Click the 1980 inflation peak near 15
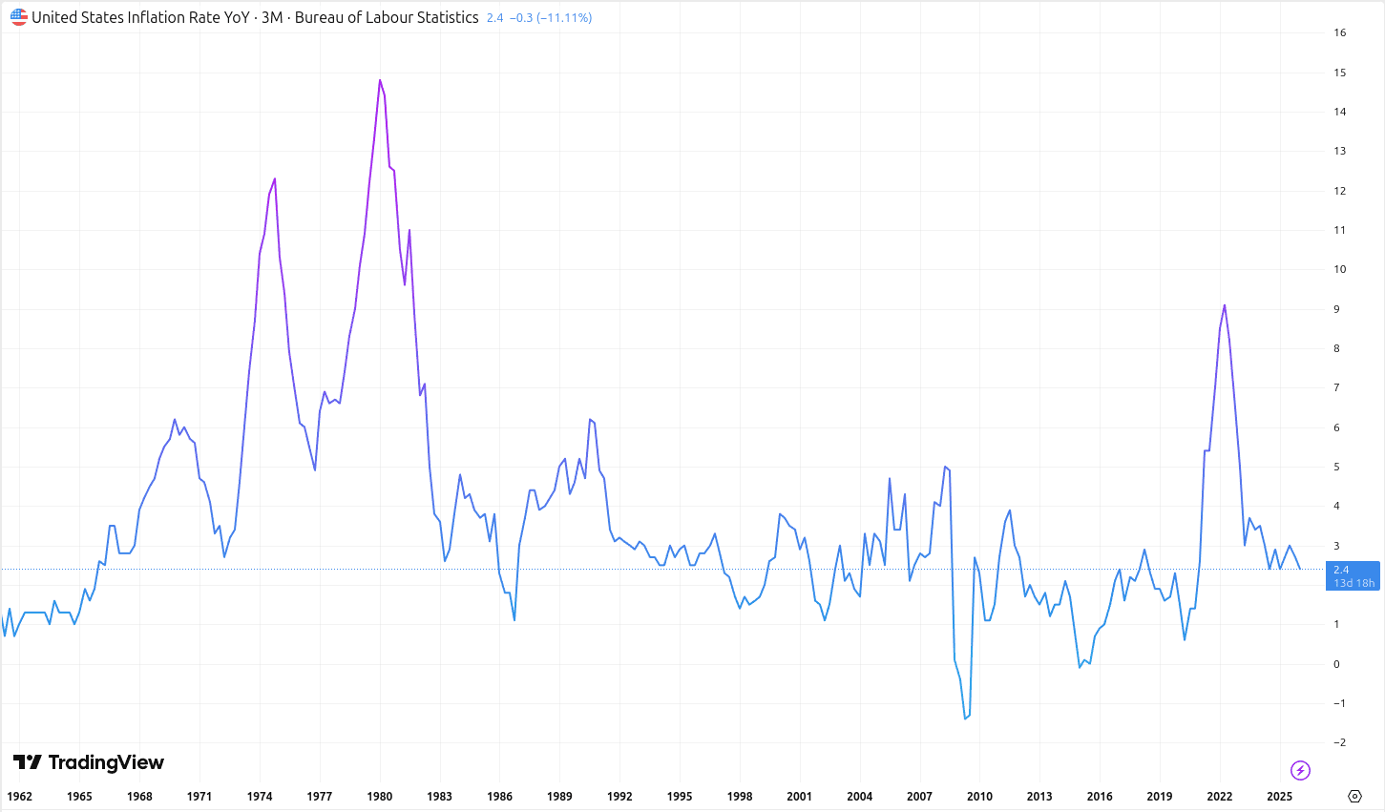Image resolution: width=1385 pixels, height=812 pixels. click(380, 80)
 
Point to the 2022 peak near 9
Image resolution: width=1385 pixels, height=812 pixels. click(1225, 305)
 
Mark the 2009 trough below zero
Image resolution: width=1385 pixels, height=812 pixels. click(965, 718)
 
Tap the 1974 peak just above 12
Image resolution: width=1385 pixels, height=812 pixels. click(275, 178)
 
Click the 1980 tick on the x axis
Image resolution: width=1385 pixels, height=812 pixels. click(380, 796)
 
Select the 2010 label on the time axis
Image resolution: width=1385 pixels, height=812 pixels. click(979, 796)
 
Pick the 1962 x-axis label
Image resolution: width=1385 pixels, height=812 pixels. click(19, 796)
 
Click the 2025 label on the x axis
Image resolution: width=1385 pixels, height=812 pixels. click(1279, 796)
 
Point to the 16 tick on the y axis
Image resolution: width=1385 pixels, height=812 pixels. click(1340, 32)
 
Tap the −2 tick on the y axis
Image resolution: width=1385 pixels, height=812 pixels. click(1339, 742)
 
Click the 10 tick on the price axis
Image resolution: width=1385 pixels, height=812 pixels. click(1340, 269)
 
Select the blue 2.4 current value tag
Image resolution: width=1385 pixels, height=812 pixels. click(1352, 575)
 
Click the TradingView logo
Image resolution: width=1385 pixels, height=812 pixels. click(89, 762)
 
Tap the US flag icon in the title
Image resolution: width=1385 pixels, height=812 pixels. click(19, 17)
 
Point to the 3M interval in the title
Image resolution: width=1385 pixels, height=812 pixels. click(272, 17)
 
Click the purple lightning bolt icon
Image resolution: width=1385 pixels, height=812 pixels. click(1300, 770)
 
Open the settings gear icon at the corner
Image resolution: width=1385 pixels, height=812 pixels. click(1354, 796)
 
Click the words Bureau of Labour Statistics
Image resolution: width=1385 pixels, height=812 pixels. click(387, 17)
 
